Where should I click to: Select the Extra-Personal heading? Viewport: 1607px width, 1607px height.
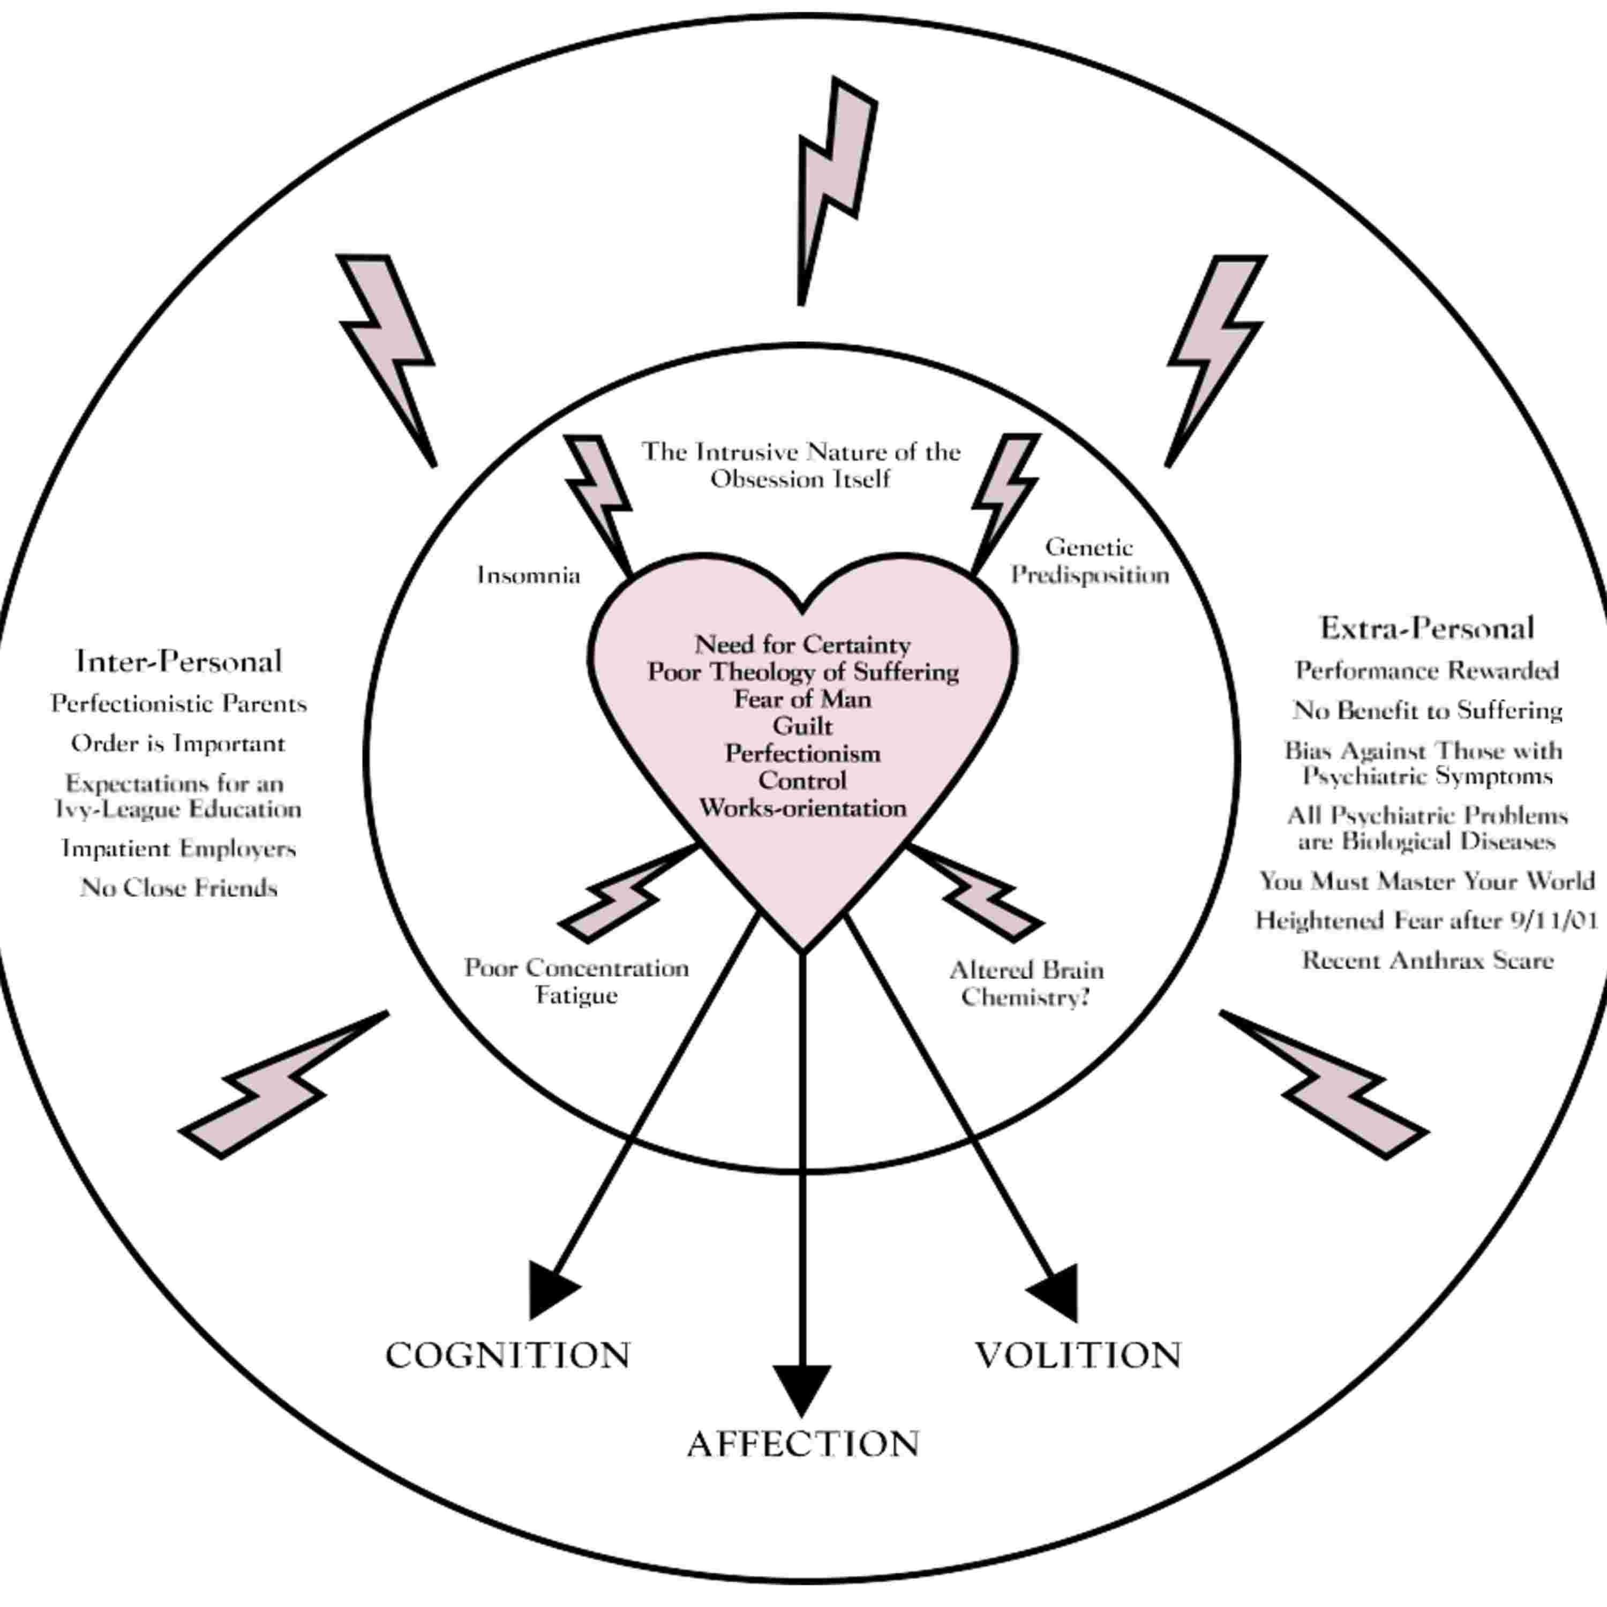click(1426, 628)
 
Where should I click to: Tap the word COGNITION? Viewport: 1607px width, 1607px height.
click(507, 1356)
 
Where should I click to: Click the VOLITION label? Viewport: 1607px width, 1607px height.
click(1078, 1356)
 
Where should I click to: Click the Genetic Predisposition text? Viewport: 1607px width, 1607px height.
click(1090, 561)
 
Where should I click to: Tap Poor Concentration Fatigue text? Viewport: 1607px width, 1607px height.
click(576, 981)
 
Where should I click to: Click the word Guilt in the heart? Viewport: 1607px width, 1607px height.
click(802, 726)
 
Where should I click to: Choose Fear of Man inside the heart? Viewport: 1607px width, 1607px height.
click(802, 699)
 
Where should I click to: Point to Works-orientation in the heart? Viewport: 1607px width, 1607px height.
click(802, 808)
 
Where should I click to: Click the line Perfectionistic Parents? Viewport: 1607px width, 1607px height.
click(179, 704)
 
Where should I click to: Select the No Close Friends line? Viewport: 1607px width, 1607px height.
click(179, 888)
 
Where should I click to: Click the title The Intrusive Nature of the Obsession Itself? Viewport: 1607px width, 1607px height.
click(801, 465)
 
